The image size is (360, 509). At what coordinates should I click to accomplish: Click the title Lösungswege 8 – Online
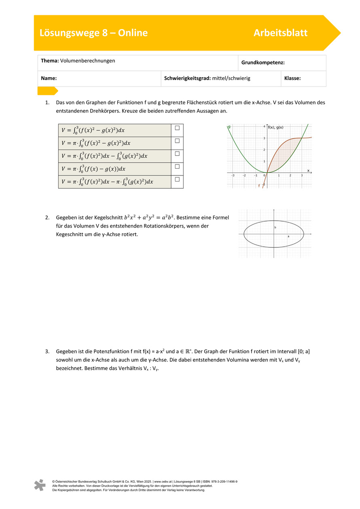tap(93, 33)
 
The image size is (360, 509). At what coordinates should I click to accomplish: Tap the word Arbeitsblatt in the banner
tap(280, 33)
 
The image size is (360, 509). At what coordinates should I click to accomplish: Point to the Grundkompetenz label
tap(263, 63)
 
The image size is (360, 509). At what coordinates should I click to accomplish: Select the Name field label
tap(49, 78)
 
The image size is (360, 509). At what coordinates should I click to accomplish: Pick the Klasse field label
tap(292, 78)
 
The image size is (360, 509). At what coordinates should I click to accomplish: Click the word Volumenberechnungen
tap(87, 61)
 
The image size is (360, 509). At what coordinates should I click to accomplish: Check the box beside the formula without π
tap(177, 128)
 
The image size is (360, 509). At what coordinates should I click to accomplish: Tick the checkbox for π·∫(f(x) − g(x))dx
tap(177, 166)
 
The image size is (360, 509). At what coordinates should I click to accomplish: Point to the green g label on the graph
tap(229, 127)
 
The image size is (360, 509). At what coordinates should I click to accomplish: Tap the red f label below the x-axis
tap(259, 186)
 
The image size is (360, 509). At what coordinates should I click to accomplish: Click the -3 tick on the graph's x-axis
tap(233, 175)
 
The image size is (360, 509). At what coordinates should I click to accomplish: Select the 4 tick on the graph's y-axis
tap(264, 127)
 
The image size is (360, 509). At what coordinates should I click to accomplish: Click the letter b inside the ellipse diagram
tap(275, 228)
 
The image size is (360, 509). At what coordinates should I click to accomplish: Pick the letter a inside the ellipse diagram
tap(288, 236)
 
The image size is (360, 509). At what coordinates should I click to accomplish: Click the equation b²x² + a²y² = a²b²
tap(148, 218)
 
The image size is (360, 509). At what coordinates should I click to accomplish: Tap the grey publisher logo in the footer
tap(40, 485)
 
